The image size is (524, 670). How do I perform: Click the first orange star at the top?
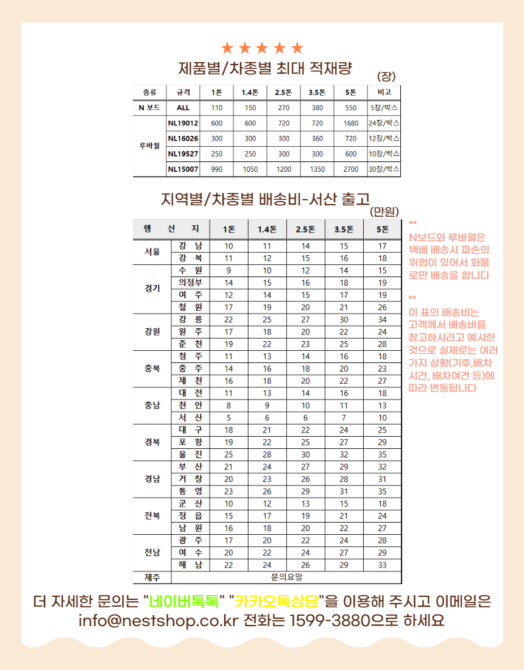pyautogui.click(x=227, y=48)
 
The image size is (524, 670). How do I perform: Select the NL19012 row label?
pyautogui.click(x=183, y=123)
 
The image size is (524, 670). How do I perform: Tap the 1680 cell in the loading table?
pyautogui.click(x=350, y=123)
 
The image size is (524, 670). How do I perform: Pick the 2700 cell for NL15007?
pyautogui.click(x=350, y=169)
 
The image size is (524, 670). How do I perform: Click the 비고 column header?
pyautogui.click(x=384, y=93)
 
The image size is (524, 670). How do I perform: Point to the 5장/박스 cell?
pyautogui.click(x=384, y=108)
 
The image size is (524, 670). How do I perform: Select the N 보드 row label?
pyautogui.click(x=149, y=108)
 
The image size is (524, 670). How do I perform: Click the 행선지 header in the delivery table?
pyautogui.click(x=171, y=229)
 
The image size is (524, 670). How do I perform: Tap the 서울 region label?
pyautogui.click(x=152, y=252)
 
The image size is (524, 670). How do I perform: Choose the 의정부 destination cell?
pyautogui.click(x=190, y=283)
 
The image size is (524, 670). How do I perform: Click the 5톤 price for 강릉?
pyautogui.click(x=382, y=320)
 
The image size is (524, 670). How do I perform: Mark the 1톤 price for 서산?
pyautogui.click(x=228, y=418)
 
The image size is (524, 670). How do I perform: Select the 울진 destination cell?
pyautogui.click(x=190, y=455)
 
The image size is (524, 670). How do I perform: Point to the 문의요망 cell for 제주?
pyautogui.click(x=286, y=577)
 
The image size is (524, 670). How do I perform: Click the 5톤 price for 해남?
pyautogui.click(x=382, y=565)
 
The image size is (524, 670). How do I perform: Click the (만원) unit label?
pyautogui.click(x=384, y=212)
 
